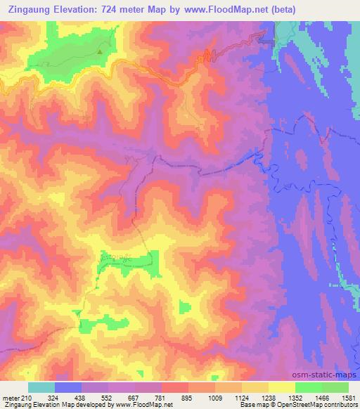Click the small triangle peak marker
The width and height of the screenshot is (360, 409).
100,51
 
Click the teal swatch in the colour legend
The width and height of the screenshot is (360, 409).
41,387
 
